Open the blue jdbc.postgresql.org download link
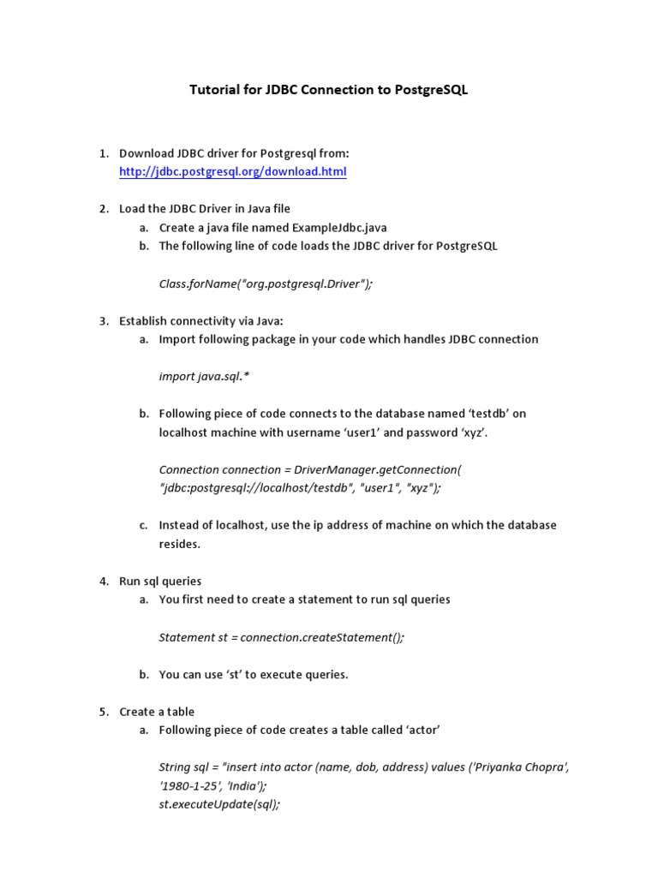click(233, 171)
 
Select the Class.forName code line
click(266, 283)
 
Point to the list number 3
click(103, 320)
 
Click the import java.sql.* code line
click(204, 376)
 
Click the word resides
click(179, 544)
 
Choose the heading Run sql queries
click(161, 581)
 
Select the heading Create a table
click(158, 712)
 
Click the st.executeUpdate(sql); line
click(219, 804)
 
